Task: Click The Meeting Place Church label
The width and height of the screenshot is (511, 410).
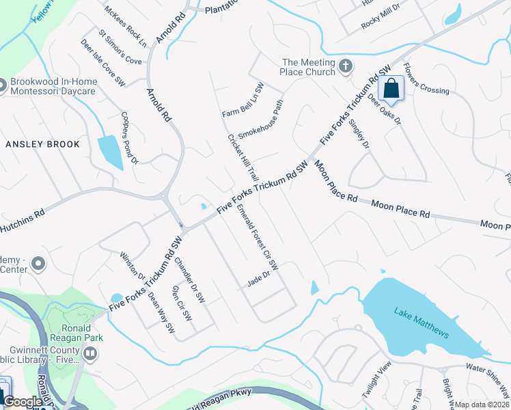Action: pyautogui.click(x=309, y=67)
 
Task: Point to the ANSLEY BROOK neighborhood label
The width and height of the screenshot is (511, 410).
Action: pyautogui.click(x=42, y=144)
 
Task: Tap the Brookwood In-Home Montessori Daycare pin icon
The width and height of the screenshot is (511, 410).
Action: pyautogui.click(x=1, y=85)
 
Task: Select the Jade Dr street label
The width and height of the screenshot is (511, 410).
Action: pyautogui.click(x=260, y=279)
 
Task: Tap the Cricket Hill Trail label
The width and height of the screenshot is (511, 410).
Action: pyautogui.click(x=243, y=156)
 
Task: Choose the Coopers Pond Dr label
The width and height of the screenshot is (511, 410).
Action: pyautogui.click(x=130, y=138)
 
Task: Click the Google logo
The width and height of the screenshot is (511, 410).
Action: pyautogui.click(x=23, y=402)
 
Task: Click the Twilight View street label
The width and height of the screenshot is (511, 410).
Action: pyautogui.click(x=376, y=386)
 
